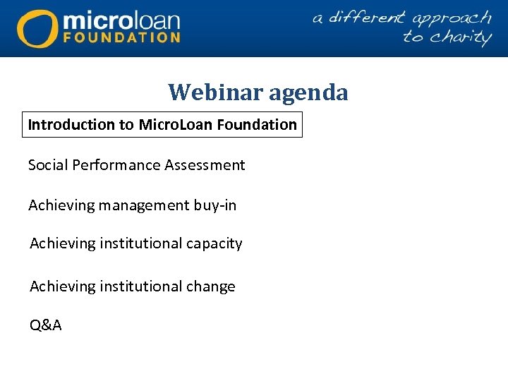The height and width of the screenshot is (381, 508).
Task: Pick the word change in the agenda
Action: [210, 286]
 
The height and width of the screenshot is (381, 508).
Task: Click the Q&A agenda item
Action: [45, 325]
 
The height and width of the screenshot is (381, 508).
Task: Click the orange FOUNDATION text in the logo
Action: [121, 37]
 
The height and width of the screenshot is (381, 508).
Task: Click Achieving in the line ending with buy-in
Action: [61, 206]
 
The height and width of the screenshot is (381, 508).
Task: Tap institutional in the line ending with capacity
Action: [141, 243]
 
